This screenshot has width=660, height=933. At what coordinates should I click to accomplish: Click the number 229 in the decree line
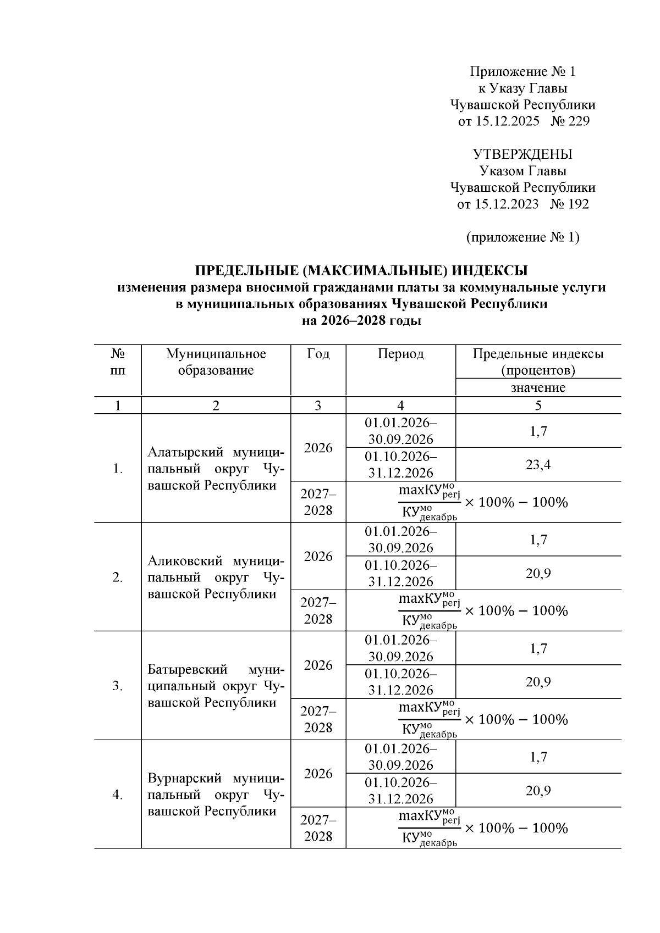pos(577,121)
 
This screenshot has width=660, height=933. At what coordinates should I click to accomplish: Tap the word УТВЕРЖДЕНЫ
pos(522,154)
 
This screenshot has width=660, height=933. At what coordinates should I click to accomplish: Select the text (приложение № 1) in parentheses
pos(522,237)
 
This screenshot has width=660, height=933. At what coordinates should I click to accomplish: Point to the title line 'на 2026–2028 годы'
pos(361,321)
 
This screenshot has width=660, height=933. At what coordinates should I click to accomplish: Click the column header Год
pos(318,354)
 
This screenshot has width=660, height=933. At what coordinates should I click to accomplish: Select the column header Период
pos(400,354)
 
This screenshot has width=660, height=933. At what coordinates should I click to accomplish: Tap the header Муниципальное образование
pos(216,362)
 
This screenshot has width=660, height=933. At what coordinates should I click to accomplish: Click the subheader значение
pos(538,387)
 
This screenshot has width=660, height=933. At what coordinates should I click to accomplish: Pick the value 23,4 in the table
pos(538,465)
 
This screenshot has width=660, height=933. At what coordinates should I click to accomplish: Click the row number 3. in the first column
pos(117,686)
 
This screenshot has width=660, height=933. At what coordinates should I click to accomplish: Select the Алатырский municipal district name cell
pos(216,469)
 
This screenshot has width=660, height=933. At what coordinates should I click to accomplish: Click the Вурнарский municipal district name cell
pos(216,795)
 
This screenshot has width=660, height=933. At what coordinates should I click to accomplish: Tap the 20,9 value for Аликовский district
pos(538,573)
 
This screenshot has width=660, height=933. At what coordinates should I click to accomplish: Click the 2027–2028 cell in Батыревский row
pos(318,719)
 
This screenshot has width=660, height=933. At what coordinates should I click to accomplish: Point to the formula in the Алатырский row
pos(483,502)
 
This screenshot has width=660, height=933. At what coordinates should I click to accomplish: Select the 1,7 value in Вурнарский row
pos(538,757)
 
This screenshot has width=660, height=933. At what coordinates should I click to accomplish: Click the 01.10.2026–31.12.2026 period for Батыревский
pos(400,682)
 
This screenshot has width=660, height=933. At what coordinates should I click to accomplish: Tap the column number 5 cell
pos(538,406)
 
